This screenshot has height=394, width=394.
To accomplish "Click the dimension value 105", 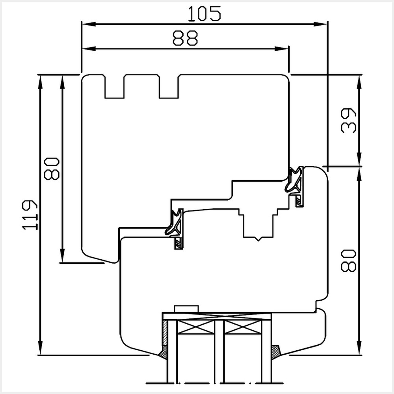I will [x=204, y=14].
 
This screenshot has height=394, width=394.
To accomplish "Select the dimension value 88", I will [x=185, y=38].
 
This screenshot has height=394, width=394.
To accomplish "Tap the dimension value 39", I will [x=349, y=121].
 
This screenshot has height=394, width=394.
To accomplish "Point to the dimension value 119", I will [x=30, y=215].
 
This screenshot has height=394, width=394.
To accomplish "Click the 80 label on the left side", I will [x=52, y=168].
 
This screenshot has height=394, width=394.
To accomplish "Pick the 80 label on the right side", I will [x=349, y=260].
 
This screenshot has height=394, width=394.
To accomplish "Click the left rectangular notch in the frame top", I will [x=114, y=87].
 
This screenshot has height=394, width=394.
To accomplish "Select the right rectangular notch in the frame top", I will [x=169, y=87].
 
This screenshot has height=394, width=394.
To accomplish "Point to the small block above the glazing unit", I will [x=186, y=309].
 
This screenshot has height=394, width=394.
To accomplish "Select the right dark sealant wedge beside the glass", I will [x=276, y=351].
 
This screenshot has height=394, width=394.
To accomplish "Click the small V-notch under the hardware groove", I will [x=258, y=239].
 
